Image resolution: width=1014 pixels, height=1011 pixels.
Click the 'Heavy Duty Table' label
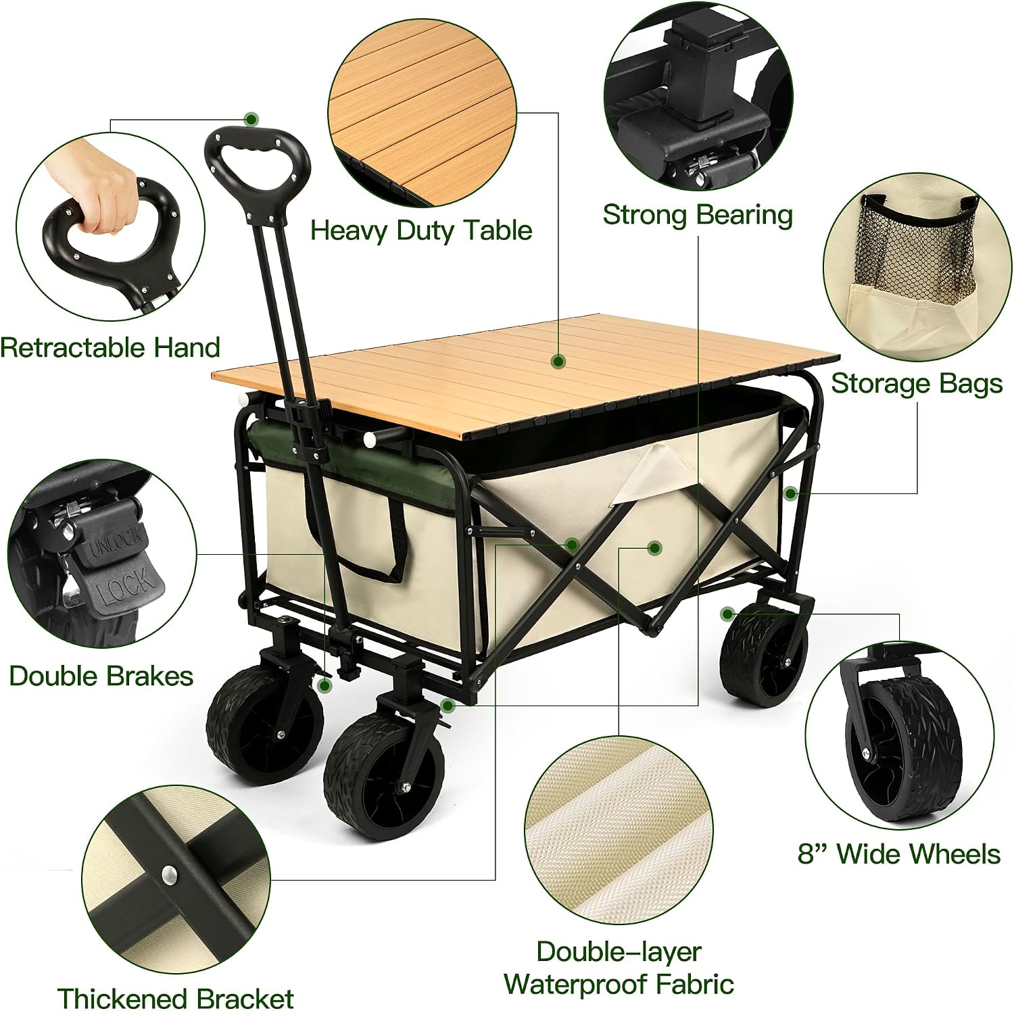(x=421, y=231)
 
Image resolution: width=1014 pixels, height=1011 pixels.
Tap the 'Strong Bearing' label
(x=698, y=216)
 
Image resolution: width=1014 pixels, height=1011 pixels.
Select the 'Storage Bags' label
(x=917, y=384)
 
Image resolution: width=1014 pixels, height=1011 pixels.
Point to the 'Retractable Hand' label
(x=110, y=347)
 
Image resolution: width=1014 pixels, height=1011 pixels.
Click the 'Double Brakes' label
(x=101, y=676)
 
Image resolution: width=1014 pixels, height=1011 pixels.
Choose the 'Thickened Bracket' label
(x=176, y=997)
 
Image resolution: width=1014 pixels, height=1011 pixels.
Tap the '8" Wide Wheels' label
(x=899, y=854)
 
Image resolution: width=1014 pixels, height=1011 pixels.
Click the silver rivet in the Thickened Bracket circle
(x=167, y=875)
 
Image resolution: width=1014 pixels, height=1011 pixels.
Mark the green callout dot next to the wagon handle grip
(x=252, y=119)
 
